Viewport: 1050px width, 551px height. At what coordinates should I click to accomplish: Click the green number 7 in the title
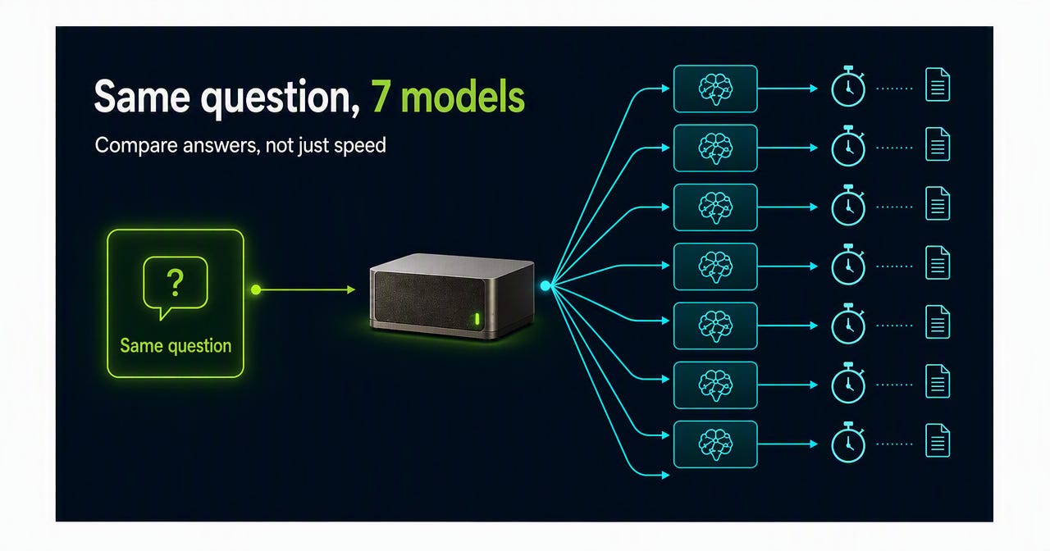click(x=380, y=96)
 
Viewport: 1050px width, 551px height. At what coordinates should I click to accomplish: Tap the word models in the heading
click(x=463, y=96)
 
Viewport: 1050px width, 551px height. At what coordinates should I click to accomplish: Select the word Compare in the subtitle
click(x=136, y=146)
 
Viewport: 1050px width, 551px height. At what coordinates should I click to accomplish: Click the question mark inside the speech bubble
click(x=176, y=282)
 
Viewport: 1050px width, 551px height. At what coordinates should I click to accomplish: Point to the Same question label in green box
click(x=176, y=346)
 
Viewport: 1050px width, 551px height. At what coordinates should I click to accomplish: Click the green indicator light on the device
click(x=477, y=319)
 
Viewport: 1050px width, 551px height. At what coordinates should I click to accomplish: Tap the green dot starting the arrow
click(x=256, y=289)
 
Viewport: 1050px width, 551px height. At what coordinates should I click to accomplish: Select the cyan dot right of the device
click(x=546, y=286)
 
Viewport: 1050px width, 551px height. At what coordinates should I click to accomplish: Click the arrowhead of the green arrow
click(x=351, y=289)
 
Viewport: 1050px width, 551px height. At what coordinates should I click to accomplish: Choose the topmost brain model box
click(x=715, y=89)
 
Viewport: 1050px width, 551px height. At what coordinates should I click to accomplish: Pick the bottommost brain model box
click(x=715, y=444)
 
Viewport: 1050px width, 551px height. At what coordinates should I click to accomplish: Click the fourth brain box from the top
click(x=715, y=266)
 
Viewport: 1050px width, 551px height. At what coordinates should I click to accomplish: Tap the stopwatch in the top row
click(x=848, y=87)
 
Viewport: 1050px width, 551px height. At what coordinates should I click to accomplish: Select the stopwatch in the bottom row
click(x=848, y=442)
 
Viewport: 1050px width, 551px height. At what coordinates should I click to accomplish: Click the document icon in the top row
click(x=938, y=84)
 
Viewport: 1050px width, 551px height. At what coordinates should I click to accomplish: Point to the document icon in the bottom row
click(x=938, y=440)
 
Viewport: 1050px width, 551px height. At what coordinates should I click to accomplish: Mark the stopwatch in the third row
click(x=848, y=205)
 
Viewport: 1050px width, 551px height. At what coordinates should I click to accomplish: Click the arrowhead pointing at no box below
click(x=665, y=475)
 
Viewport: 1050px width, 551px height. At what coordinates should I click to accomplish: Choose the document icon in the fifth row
click(x=938, y=321)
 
